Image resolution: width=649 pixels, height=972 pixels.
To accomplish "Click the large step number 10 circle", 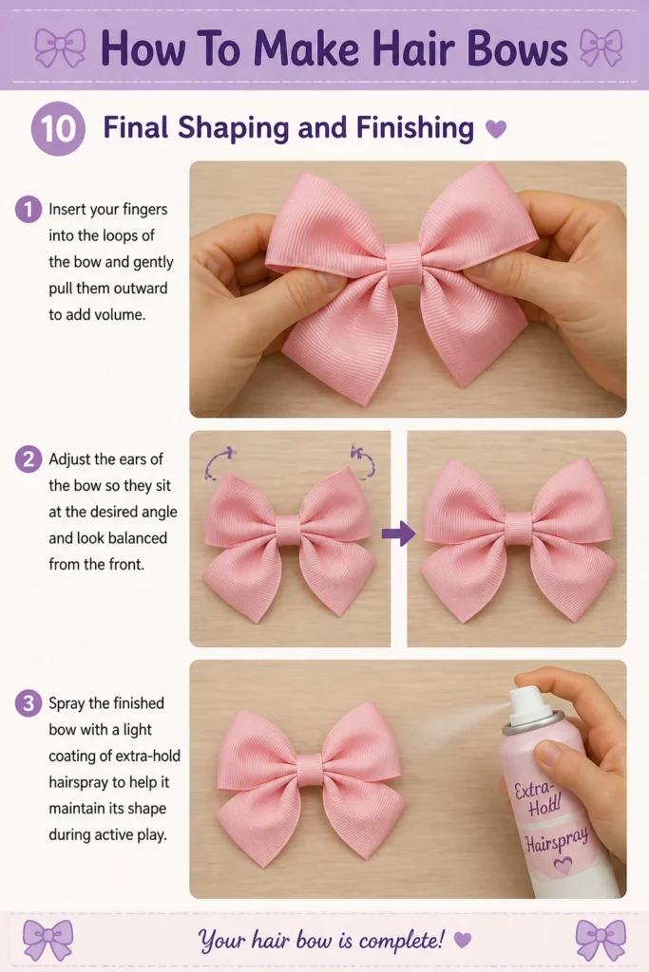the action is [x=58, y=129].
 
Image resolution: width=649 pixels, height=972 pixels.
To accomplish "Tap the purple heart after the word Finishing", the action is [x=496, y=129].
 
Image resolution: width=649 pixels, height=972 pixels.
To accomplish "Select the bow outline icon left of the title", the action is [x=60, y=47].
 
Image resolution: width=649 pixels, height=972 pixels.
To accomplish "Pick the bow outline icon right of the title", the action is [x=601, y=48].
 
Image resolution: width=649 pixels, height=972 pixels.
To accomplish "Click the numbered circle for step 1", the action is [x=28, y=210].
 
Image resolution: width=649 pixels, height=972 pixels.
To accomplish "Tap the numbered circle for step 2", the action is [x=28, y=459].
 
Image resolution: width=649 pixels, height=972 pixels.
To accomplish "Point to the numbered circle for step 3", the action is [x=28, y=703].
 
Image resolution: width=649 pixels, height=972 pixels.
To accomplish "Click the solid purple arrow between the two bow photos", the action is [x=398, y=533].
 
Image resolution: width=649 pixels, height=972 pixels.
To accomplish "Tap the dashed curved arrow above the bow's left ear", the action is [x=219, y=463].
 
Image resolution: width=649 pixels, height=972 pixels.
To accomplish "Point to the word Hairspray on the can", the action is [x=557, y=839].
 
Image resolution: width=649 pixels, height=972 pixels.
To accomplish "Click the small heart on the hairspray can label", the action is [x=563, y=866].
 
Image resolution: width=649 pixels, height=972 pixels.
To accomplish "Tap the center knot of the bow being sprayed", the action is [x=310, y=771].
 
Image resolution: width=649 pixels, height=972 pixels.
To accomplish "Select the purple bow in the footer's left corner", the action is [x=48, y=940].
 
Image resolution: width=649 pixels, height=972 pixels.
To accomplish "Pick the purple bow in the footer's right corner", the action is [x=601, y=940].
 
